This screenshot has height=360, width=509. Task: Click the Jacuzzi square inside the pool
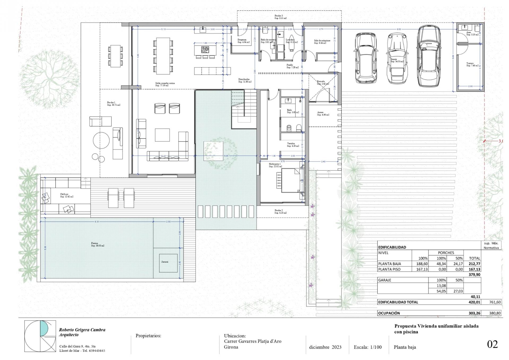point(168,263)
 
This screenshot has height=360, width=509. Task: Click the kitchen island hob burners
point(205,49)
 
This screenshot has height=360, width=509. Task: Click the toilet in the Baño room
point(299,128)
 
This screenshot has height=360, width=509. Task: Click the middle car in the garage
point(397,59)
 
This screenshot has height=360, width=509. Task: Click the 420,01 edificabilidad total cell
point(474,302)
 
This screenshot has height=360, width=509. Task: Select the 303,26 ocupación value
point(474,313)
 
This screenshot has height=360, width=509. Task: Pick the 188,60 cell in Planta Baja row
point(420,264)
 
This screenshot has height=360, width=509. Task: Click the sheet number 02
point(492,344)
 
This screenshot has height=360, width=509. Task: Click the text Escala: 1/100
point(367,347)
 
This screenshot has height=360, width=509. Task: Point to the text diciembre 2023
point(325,347)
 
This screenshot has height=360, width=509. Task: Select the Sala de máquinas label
point(322,42)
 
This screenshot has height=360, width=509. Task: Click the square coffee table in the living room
point(162,135)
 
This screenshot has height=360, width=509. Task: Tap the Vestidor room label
point(293,145)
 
